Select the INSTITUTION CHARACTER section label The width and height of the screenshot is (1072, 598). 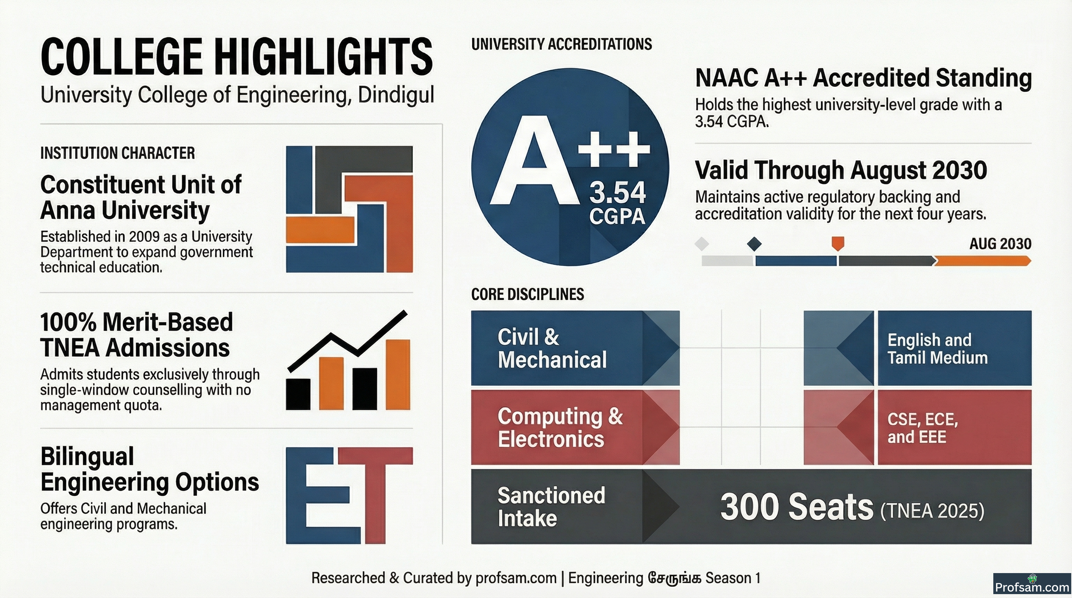coord(117,153)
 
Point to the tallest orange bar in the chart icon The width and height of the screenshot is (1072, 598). coord(397,375)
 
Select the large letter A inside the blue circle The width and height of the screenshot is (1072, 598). coord(535,160)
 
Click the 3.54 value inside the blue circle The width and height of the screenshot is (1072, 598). coord(617,193)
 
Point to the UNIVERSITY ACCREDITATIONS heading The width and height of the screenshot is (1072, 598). coord(561,44)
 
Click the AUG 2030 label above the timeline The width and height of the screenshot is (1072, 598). coord(1000,244)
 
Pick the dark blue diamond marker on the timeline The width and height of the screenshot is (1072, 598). coord(754,244)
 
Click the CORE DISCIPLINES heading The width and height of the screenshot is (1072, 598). coord(527,294)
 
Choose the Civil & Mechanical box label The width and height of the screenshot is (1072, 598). coord(552,348)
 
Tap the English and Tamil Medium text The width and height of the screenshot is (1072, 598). coord(938,349)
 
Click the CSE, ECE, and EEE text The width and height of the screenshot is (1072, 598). coord(922,428)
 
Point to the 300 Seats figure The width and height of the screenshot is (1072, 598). coord(797,507)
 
